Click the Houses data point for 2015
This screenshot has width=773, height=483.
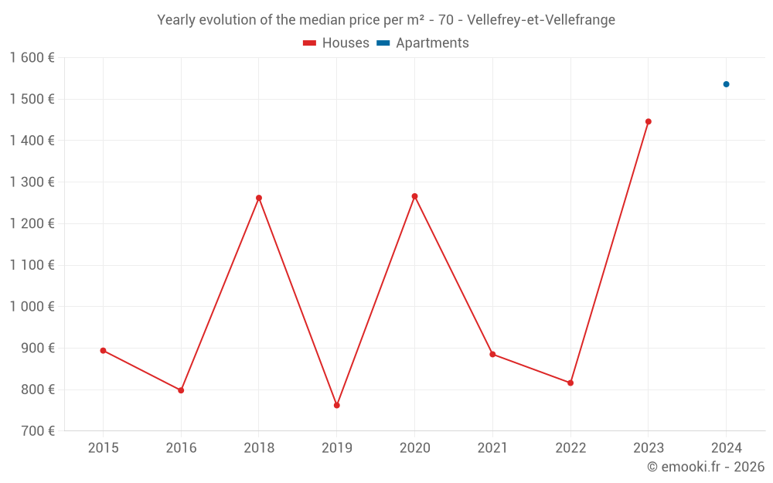pyautogui.click(x=103, y=351)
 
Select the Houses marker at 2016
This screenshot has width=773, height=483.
pyautogui.click(x=181, y=390)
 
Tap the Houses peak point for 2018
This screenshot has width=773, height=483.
pyautogui.click(x=259, y=198)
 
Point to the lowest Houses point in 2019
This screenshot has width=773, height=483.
pyautogui.click(x=337, y=405)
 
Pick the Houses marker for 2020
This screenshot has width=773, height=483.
pyautogui.click(x=414, y=196)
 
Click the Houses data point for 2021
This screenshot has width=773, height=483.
pyautogui.click(x=492, y=355)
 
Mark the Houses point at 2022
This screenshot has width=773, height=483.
pyautogui.click(x=570, y=383)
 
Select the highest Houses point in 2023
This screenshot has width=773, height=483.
pyautogui.click(x=649, y=121)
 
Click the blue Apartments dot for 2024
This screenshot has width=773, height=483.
pyautogui.click(x=727, y=84)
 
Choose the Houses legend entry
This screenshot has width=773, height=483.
pyautogui.click(x=336, y=43)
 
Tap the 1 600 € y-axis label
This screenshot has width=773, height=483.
pyautogui.click(x=32, y=58)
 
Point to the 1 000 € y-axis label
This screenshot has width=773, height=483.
pyautogui.click(x=32, y=307)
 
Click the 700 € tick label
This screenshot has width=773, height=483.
pyautogui.click(x=36, y=431)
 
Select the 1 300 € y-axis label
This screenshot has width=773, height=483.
pyautogui.click(x=32, y=182)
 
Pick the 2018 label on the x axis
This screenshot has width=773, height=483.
pyautogui.click(x=259, y=448)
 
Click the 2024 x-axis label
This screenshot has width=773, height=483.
pyautogui.click(x=727, y=448)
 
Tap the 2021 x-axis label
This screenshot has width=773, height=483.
pyautogui.click(x=492, y=448)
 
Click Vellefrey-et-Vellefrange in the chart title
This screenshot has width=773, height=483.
pyautogui.click(x=541, y=20)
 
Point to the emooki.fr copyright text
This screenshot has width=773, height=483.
pyautogui.click(x=706, y=467)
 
